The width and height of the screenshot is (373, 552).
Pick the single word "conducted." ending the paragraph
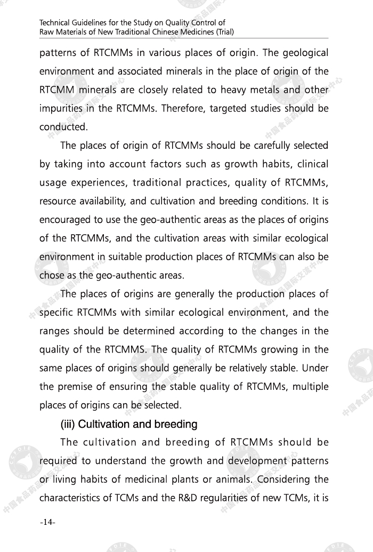click(63, 127)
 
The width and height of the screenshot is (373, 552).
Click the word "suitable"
click(115, 257)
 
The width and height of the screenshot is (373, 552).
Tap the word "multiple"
click(309, 386)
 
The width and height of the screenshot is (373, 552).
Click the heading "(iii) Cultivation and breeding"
click(129, 425)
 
